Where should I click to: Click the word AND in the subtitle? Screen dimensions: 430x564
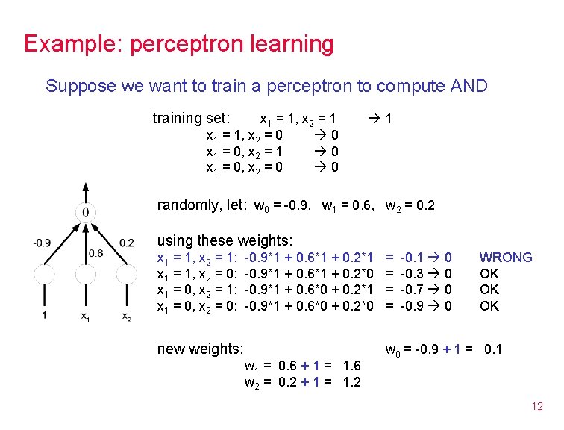pos(469,86)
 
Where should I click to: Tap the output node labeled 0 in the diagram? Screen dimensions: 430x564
pos(86,212)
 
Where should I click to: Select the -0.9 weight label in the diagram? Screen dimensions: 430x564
pos(42,243)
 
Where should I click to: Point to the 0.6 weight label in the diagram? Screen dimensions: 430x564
pos(96,254)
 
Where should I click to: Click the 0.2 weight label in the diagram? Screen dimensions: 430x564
pos(126,243)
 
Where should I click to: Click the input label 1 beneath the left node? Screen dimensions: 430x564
pos(44,316)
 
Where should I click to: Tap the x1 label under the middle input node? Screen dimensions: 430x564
pos(86,317)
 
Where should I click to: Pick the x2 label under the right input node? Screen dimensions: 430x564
pos(127,317)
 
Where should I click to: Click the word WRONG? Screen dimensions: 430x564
pos(505,258)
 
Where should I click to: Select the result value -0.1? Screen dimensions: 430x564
pos(413,258)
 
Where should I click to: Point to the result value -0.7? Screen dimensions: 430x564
pos(413,290)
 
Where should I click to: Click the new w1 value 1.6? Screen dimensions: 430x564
pos(351,366)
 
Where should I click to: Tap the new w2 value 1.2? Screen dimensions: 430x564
pos(351,382)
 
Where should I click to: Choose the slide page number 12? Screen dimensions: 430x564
pos(537,407)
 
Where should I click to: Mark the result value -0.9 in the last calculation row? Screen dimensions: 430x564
pos(413,305)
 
